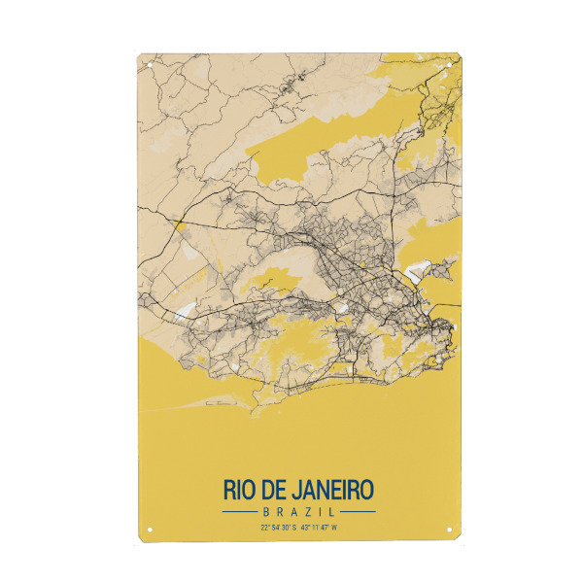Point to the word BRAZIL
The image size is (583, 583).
(298, 511)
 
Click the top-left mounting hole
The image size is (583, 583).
(150, 65)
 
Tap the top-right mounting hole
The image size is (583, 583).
(447, 65)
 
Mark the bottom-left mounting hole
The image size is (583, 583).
(150, 530)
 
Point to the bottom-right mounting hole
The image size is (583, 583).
(447, 530)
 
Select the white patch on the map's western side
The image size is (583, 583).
(185, 312)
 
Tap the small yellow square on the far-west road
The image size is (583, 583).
(178, 224)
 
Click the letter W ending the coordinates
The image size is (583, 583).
(334, 528)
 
